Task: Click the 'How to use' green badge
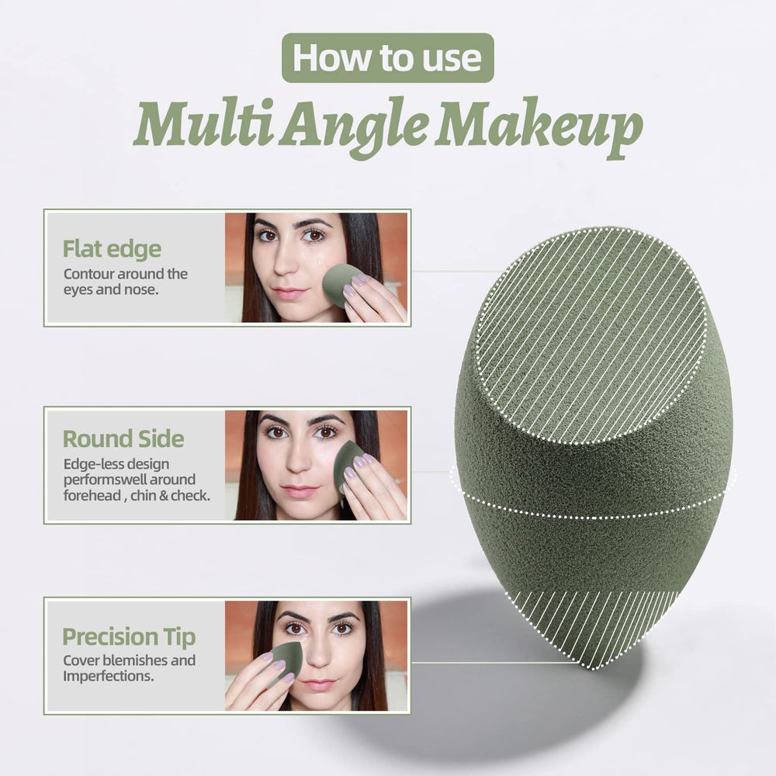pos(387,58)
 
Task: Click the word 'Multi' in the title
pos(203,123)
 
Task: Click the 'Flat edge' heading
pos(112,249)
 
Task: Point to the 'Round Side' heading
pos(123,439)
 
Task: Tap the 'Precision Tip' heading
pos(129,637)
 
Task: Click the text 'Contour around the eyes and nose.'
pos(125,282)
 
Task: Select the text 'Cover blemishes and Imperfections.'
pos(129,668)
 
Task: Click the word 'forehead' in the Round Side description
pos(92,495)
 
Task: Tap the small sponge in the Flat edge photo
pos(341,284)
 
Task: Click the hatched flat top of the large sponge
pos(591,335)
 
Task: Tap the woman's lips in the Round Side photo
pos(300,491)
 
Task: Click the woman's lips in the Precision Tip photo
pos(319,685)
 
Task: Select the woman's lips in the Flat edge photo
pos(289,293)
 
